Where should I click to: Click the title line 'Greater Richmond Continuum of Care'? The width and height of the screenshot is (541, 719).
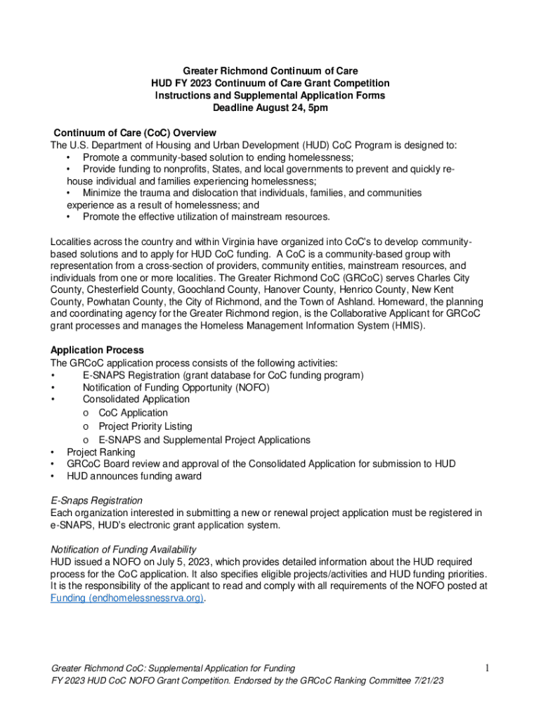(x=270, y=71)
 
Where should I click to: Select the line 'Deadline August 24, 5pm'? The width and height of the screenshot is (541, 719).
(x=270, y=108)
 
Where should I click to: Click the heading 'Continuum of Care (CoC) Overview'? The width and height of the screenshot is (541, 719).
(x=135, y=133)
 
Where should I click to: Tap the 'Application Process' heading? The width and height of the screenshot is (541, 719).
(x=97, y=350)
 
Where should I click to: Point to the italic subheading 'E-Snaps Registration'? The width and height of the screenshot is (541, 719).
(x=96, y=501)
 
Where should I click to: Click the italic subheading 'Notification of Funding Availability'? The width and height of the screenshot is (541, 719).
(x=124, y=549)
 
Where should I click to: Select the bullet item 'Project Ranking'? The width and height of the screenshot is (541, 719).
(x=101, y=452)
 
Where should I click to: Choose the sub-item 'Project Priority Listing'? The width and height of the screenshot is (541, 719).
(x=145, y=426)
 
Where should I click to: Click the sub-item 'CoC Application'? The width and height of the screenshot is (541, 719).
(x=133, y=413)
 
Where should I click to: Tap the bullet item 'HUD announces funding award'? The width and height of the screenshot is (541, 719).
(x=134, y=477)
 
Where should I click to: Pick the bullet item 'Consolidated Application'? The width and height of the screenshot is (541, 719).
(x=136, y=399)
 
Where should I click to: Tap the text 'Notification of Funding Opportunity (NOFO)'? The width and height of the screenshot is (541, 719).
(x=176, y=388)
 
